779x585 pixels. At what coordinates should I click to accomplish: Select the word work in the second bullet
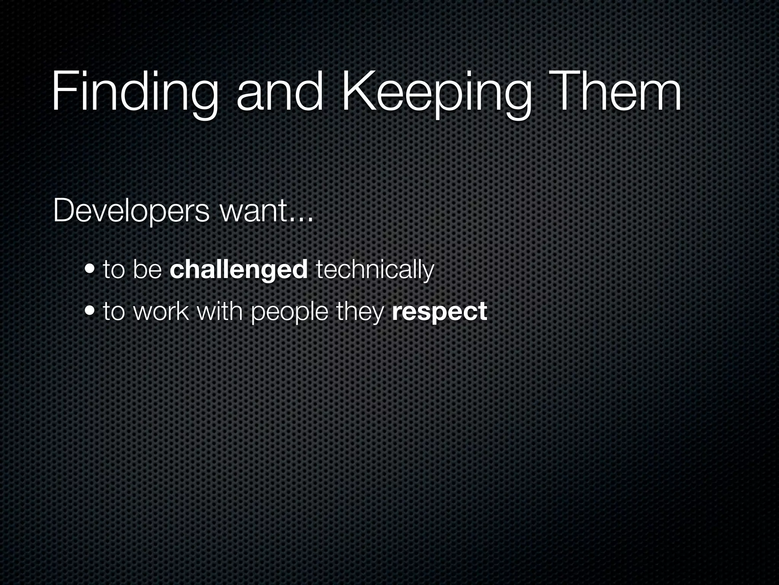click(x=161, y=311)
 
